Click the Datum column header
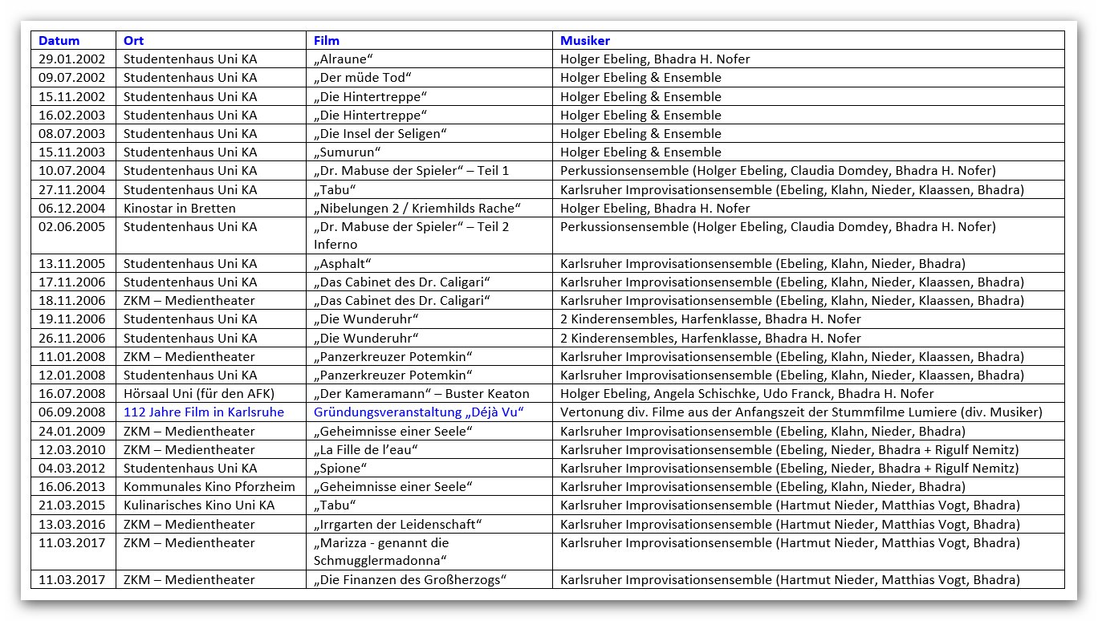59,40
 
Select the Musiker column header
585,40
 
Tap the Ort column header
134,40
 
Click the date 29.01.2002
72,59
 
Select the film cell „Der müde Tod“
363,78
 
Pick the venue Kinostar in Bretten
180,209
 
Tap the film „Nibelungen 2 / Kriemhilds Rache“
417,209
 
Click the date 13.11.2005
72,264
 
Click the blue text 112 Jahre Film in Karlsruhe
204,412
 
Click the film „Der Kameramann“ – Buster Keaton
421,394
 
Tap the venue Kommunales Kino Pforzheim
209,487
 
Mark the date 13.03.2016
72,525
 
